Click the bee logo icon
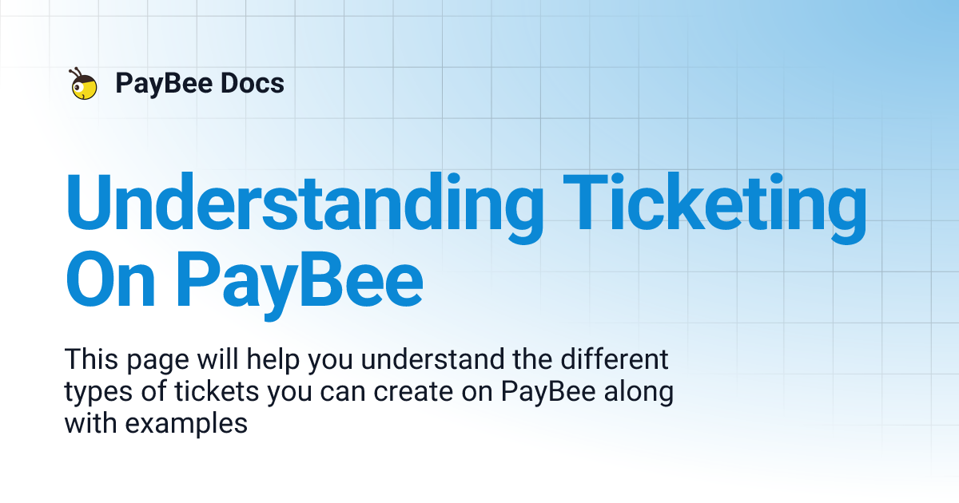[x=83, y=84]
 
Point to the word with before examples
[x=91, y=424]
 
